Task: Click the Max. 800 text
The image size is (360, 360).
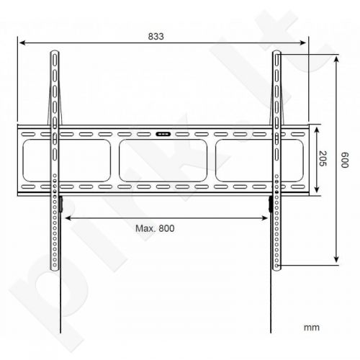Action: (x=156, y=228)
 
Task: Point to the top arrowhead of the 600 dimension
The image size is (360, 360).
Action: (x=337, y=55)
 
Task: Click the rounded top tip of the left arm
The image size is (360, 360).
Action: (x=54, y=53)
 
